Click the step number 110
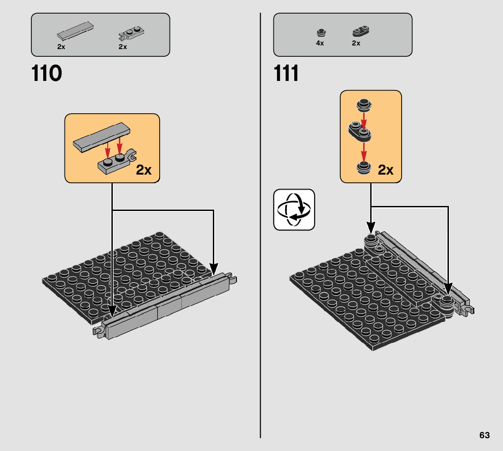[x=47, y=74]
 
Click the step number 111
[x=287, y=74]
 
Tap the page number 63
[x=484, y=435]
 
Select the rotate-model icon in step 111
[x=294, y=210]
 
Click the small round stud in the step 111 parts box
[x=321, y=32]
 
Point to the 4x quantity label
[x=320, y=43]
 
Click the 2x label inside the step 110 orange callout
[x=144, y=170]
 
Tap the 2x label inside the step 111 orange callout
[x=386, y=170]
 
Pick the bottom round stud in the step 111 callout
[x=363, y=168]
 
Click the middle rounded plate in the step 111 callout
[x=360, y=131]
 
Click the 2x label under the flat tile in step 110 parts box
[x=61, y=47]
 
